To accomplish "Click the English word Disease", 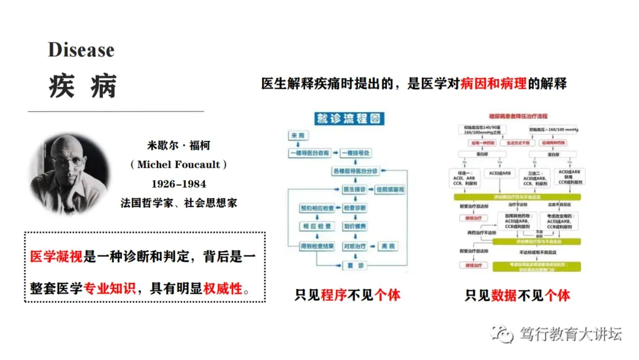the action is (81, 50).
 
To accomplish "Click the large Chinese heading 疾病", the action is (83, 86).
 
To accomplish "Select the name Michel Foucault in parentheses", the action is (178, 165).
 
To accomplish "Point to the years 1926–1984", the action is (179, 184).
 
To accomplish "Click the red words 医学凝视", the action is (57, 256).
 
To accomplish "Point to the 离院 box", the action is (388, 246).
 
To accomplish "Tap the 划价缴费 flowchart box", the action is (355, 227).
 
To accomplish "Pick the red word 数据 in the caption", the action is (504, 294).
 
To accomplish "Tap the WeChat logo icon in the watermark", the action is (505, 335).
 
